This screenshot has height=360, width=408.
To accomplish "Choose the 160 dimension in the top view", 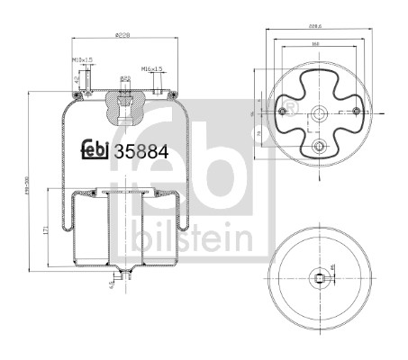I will coord(317,42).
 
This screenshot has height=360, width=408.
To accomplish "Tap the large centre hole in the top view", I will coord(317,113).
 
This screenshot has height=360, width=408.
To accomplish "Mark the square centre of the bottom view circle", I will coord(318,277).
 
